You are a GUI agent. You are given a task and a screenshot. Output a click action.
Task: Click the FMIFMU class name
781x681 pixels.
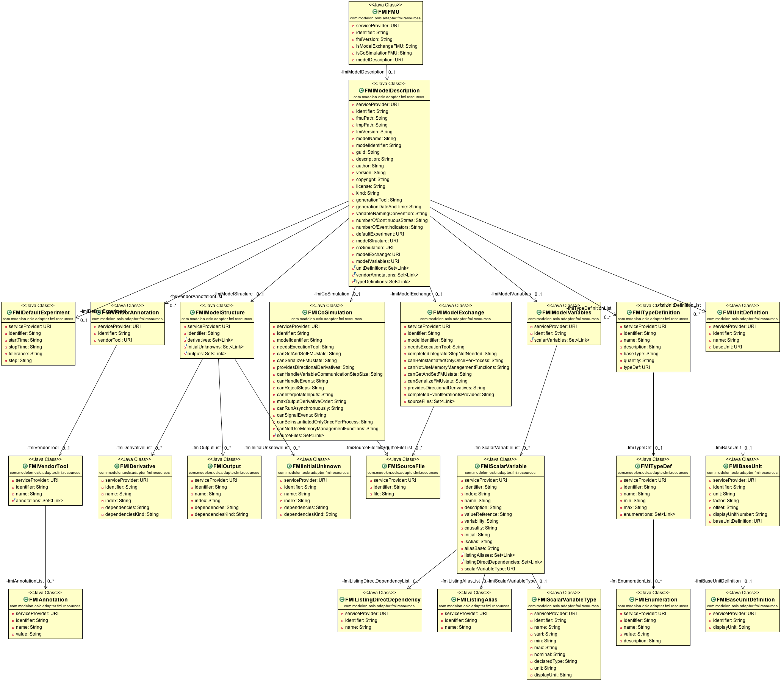click(388, 12)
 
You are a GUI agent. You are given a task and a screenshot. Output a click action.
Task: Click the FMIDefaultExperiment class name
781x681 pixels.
click(41, 313)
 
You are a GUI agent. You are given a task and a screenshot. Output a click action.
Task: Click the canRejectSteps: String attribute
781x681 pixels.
click(300, 388)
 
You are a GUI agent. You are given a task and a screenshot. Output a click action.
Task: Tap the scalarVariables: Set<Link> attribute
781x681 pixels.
click(562, 340)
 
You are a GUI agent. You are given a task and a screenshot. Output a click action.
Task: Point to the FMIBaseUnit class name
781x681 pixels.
click(746, 466)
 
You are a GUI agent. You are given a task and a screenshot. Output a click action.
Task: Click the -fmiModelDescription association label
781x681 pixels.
click(362, 72)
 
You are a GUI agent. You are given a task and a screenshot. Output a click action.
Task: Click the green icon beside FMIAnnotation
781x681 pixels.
click(26, 600)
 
